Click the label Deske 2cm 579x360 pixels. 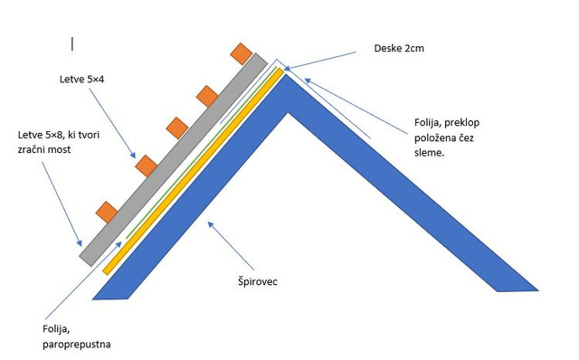pyautogui.click(x=399, y=48)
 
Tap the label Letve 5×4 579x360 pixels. pyautogui.click(x=81, y=79)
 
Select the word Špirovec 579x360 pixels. pyautogui.click(x=257, y=281)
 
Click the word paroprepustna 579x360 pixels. pyautogui.click(x=76, y=345)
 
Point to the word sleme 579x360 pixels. pyautogui.click(x=429, y=153)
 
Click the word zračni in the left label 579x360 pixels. pyautogui.click(x=32, y=149)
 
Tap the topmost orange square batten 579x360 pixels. pyautogui.click(x=242, y=53)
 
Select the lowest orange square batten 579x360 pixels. pyautogui.click(x=107, y=213)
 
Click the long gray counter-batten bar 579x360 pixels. pyautogui.click(x=173, y=159)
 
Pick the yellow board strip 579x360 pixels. pyautogui.click(x=193, y=171)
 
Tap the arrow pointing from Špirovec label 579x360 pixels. pyautogui.click(x=232, y=245)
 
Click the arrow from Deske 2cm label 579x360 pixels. pyautogui.click(x=319, y=61)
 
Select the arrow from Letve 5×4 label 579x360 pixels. pyautogui.click(x=112, y=123)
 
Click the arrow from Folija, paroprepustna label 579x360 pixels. pyautogui.click(x=83, y=280)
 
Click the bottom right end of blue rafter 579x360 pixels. pyautogui.click(x=538, y=290)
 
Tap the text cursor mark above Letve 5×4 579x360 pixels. pyautogui.click(x=72, y=43)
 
